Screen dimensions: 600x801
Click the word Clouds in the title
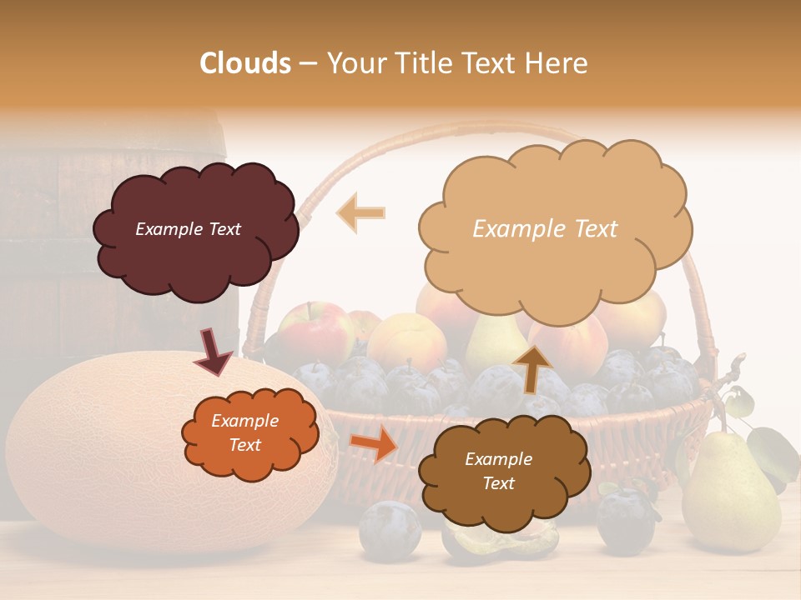tap(245, 63)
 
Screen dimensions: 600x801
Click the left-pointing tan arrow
tap(360, 212)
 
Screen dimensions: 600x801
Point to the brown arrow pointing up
tap(532, 368)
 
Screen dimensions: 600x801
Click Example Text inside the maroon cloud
tap(188, 229)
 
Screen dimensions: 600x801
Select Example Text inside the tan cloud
tap(545, 228)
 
